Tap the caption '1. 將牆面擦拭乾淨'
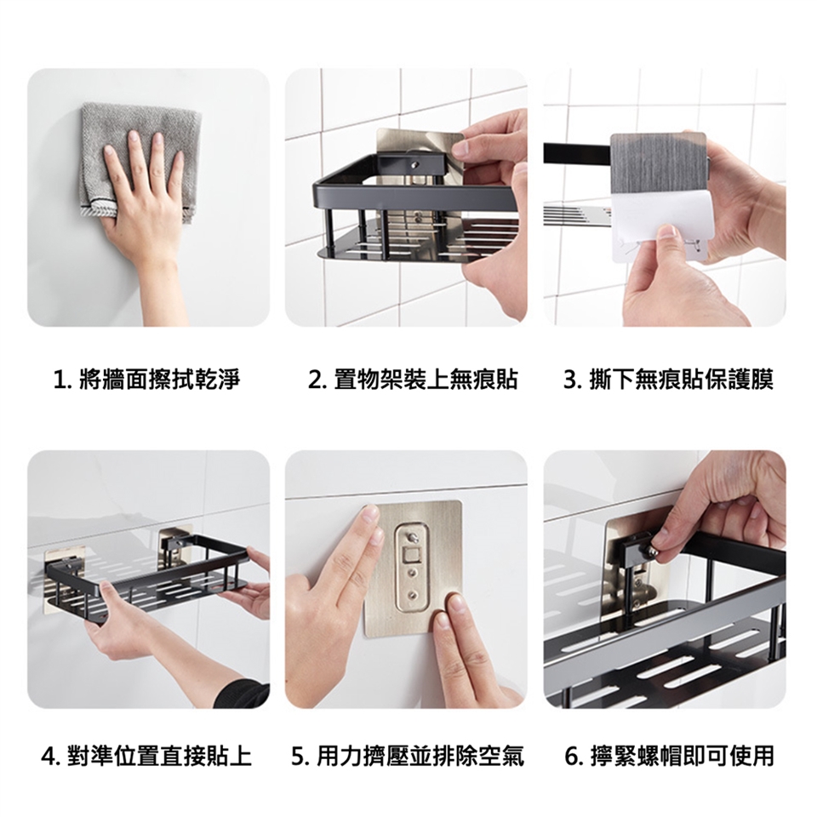point(147,380)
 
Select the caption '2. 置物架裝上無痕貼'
point(413,380)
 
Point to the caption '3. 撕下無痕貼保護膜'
point(669,380)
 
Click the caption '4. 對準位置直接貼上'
point(147,756)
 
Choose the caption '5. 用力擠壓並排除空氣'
point(408,756)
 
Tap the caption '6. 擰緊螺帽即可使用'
point(670,756)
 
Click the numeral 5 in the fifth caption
point(297,757)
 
